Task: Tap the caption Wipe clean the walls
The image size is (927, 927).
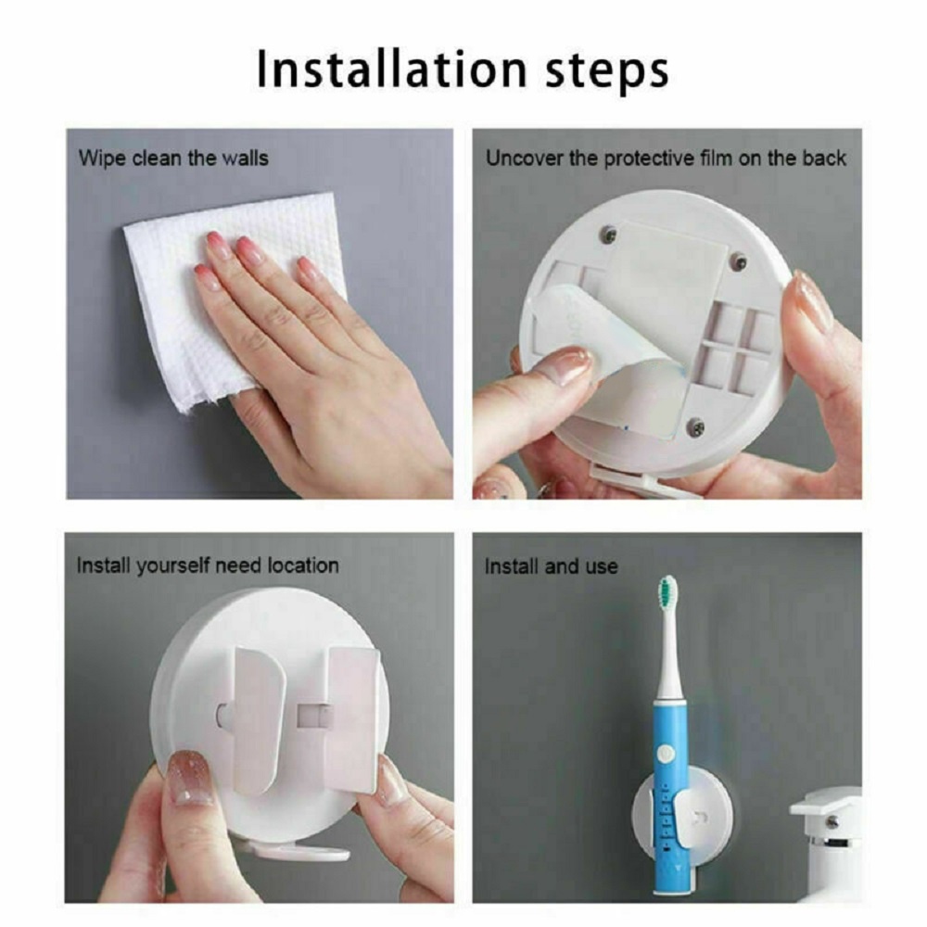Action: (x=173, y=158)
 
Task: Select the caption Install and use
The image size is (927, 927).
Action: (x=551, y=565)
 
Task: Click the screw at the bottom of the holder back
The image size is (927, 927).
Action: (x=696, y=427)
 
